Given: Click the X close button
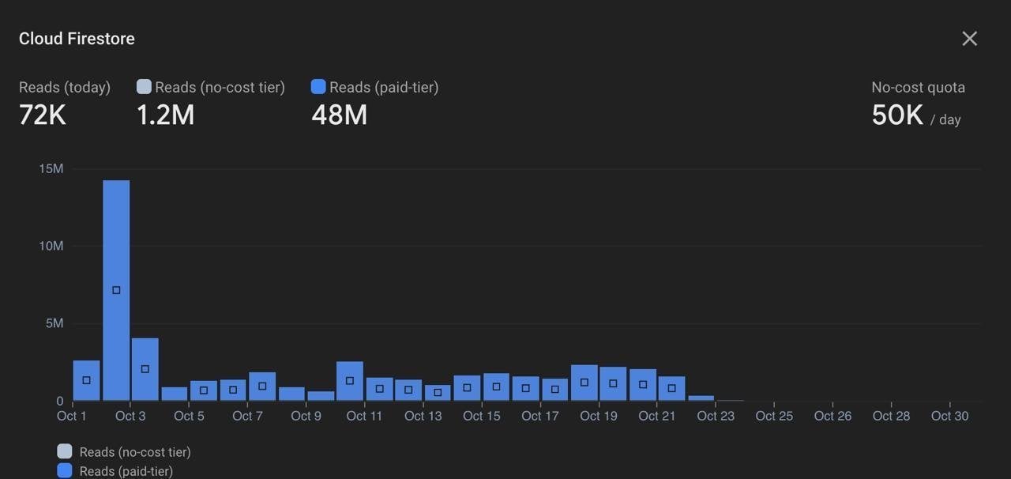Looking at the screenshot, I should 969,39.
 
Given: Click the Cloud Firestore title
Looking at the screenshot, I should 77,39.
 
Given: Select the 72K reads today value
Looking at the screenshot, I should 42,115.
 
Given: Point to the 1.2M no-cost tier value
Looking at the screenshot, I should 165,115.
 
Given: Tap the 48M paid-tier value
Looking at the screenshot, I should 339,115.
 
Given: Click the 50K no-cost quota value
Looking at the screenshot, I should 897,116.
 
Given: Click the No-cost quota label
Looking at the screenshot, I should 918,88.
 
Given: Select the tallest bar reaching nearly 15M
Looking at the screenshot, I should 116,290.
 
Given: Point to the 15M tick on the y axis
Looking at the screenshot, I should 51,168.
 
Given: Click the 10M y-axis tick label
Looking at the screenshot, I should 51,246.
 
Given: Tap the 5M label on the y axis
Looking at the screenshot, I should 54,323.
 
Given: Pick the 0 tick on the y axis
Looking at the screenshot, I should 59,401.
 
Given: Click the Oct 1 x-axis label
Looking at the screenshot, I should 72,416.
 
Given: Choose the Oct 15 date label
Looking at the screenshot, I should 482,416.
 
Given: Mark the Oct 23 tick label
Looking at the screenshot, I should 716,416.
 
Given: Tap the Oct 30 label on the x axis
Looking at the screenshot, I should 949,416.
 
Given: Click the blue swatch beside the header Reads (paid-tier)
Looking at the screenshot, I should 318,87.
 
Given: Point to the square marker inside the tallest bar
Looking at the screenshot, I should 116,290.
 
